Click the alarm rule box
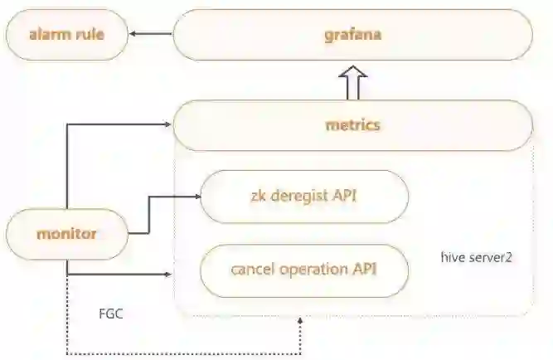(67, 34)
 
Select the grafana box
(352, 35)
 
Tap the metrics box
(352, 125)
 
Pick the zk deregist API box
(304, 197)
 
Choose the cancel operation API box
(304, 270)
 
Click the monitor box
(67, 234)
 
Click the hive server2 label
(476, 258)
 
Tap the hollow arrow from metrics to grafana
(352, 83)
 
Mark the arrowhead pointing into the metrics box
(168, 125)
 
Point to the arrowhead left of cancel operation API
(170, 274)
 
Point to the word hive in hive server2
(453, 258)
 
